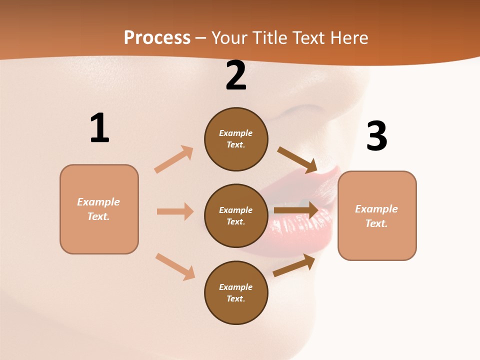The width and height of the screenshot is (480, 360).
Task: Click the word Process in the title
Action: [x=157, y=38]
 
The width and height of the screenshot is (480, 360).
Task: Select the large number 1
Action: [x=99, y=128]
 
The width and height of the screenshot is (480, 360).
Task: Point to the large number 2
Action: [x=236, y=76]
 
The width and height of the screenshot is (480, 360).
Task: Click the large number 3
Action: [x=376, y=136]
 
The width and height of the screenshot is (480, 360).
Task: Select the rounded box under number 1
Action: [x=99, y=209]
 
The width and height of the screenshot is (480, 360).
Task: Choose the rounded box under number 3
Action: [x=377, y=215]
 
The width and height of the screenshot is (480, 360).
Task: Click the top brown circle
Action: [x=236, y=139]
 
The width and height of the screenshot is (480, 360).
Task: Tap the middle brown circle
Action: [x=236, y=215]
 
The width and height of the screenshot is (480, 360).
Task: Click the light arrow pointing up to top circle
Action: [x=174, y=159]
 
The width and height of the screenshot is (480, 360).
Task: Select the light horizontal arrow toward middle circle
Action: [x=175, y=211]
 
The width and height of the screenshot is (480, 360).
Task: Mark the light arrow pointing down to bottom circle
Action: [x=175, y=266]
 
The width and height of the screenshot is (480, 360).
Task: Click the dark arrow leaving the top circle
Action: [x=297, y=159]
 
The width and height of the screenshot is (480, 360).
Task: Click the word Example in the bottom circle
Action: [x=236, y=287]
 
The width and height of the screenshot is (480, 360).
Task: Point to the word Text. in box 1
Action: [x=98, y=216]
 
